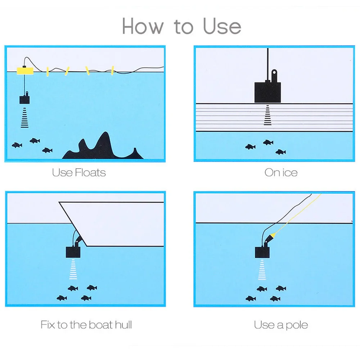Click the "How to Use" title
tap(181, 26)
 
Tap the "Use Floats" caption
tap(79, 172)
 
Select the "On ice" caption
tap(281, 172)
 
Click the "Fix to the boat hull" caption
tap(86, 325)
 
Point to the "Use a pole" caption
tap(281, 325)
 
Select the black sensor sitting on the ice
tap(267, 92)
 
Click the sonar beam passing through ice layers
tap(267, 115)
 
